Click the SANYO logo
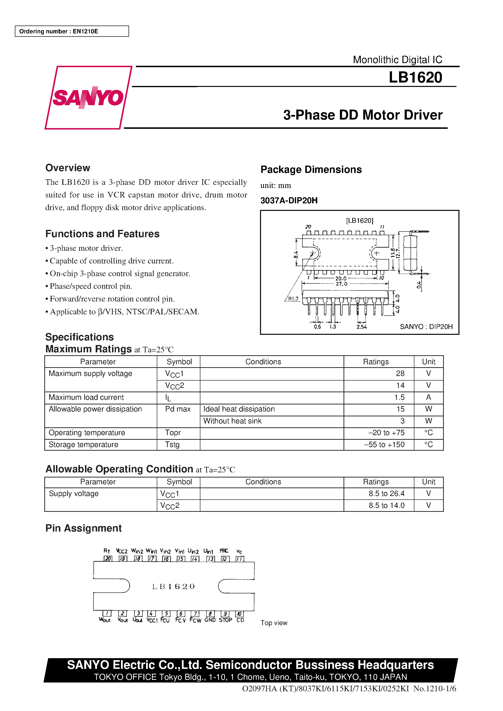88,98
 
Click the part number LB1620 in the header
415,77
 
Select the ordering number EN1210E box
72,31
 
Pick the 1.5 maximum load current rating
399,397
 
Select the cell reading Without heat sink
232,421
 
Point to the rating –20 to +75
386,433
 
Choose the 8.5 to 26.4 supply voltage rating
386,493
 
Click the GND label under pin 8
210,620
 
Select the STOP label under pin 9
225,620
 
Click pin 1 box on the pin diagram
107,613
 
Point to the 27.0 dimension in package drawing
341,284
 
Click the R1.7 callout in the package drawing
293,299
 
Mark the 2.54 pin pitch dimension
362,327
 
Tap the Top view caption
274,623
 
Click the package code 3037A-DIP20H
289,201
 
